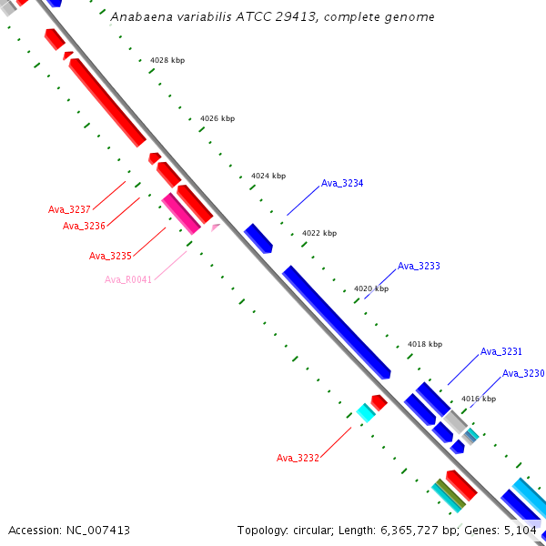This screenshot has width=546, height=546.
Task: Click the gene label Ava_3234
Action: [342, 184]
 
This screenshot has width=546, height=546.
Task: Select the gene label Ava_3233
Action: [419, 267]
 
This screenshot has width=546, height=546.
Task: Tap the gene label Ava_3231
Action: [501, 351]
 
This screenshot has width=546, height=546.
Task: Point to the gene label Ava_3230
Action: [523, 373]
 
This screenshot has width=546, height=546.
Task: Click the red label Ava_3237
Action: [70, 209]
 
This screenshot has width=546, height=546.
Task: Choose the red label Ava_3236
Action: [85, 226]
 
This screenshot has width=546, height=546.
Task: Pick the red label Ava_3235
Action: [110, 256]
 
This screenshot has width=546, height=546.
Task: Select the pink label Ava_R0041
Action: [128, 279]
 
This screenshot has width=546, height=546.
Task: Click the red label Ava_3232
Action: [298, 458]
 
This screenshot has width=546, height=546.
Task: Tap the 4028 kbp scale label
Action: [167, 60]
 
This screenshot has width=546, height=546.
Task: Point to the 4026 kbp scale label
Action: [217, 118]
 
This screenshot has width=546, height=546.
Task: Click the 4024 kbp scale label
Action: [268, 176]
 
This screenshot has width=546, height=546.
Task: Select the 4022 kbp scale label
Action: [319, 233]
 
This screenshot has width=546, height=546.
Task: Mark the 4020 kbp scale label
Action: [371, 288]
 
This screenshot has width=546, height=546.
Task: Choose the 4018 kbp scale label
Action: [425, 344]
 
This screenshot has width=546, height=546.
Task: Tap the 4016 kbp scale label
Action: [479, 399]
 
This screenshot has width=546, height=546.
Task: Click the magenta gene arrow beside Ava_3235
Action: [180, 213]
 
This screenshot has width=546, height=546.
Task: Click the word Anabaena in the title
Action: [138, 17]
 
